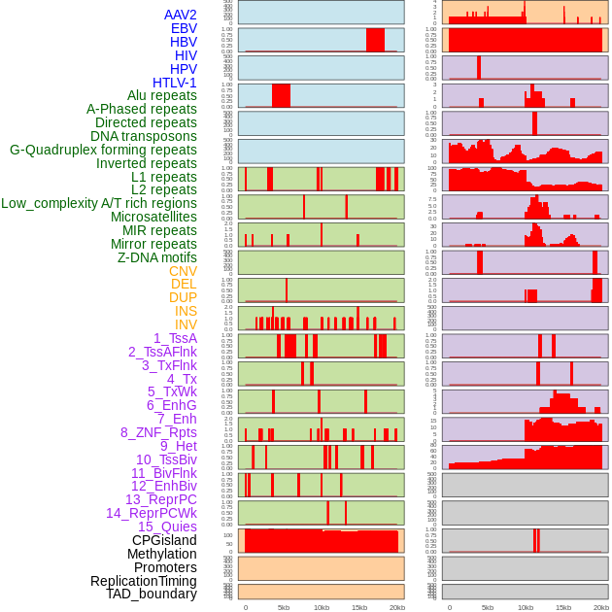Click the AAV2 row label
point(180,15)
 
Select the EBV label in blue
point(184,28)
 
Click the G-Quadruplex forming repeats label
point(103,150)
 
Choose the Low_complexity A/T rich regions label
point(99,203)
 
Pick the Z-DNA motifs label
point(157,257)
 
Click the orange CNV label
point(183,271)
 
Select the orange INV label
point(186,324)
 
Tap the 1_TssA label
point(175,338)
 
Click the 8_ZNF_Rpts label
point(158,432)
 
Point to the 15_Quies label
point(166,527)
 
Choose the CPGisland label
point(164,540)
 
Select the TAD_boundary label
point(152,594)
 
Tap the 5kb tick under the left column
point(284,607)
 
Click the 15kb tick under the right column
point(563,607)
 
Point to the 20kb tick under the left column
point(396,607)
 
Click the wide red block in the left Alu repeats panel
point(281,96)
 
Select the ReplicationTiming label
point(144,581)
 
